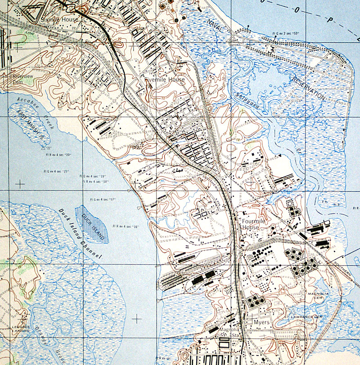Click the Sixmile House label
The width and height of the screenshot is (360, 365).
coord(59,20)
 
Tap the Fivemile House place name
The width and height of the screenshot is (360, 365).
coord(165,80)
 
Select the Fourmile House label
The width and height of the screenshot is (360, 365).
coord(250,224)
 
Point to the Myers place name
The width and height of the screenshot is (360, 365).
coord(261,323)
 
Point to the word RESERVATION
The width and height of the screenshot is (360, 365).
coord(307,88)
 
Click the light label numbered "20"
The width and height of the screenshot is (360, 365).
coord(58,155)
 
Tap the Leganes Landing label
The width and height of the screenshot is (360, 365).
coord(21,329)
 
